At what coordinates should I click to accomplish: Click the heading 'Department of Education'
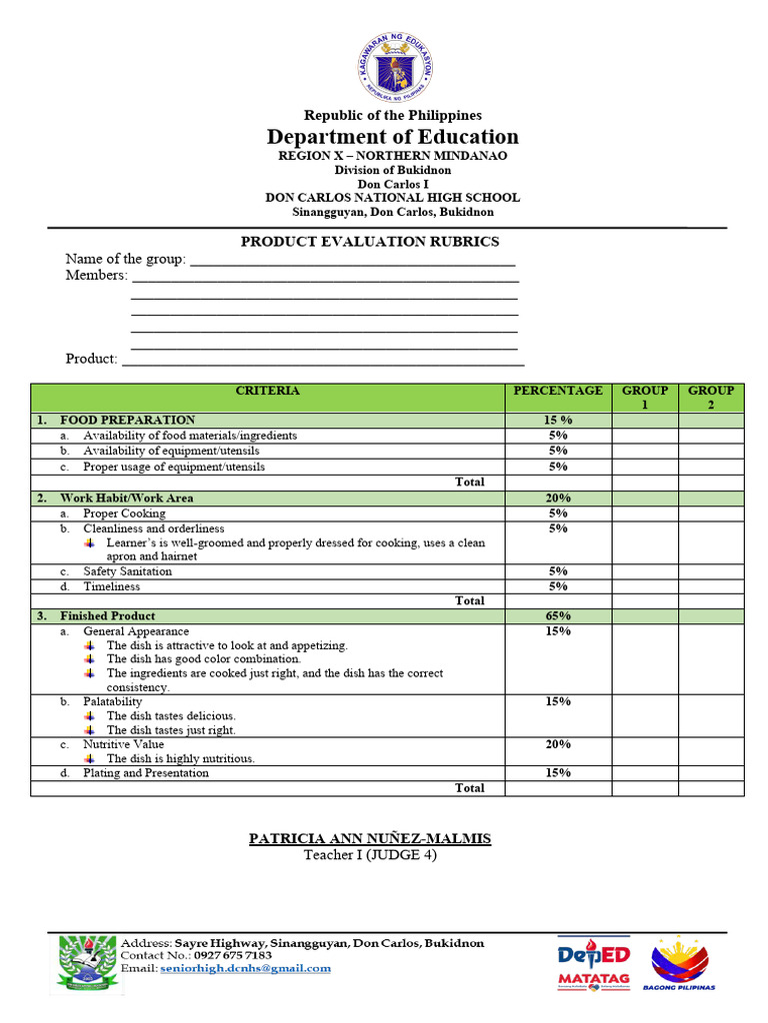(392, 137)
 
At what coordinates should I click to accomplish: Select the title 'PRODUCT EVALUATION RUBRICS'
(370, 242)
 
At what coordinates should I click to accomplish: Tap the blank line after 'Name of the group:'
(352, 261)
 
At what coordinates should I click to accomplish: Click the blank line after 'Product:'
(322, 360)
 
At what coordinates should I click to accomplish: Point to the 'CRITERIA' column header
(267, 391)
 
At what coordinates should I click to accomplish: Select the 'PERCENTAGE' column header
(558, 391)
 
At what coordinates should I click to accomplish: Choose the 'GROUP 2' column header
(711, 398)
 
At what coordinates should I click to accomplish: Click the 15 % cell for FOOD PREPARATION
(558, 421)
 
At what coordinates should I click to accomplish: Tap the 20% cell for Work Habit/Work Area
(558, 498)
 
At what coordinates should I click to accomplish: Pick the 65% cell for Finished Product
(558, 616)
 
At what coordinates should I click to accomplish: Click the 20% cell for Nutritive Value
(558, 744)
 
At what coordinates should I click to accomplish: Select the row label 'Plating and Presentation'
(146, 773)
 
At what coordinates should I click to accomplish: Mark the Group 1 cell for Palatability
(645, 715)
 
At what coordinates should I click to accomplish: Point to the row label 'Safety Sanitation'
(127, 571)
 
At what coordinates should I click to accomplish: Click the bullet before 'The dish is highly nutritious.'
(90, 758)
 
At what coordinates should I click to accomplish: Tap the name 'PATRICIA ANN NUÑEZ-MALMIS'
(370, 838)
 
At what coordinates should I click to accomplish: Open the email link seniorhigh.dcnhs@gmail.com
(245, 968)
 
